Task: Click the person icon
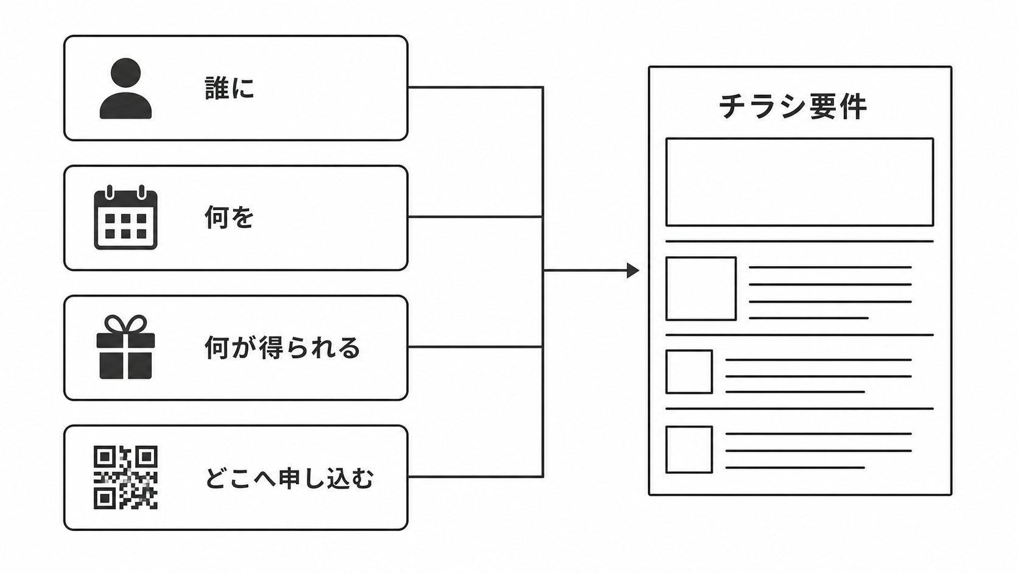click(x=125, y=88)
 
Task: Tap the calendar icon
click(x=125, y=217)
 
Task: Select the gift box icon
click(x=125, y=347)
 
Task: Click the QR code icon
click(x=125, y=477)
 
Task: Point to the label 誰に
click(x=230, y=88)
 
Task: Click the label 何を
click(x=229, y=217)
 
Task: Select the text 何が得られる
click(x=283, y=348)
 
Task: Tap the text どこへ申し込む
click(x=289, y=478)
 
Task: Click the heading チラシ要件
click(x=793, y=107)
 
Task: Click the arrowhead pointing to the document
click(x=633, y=270)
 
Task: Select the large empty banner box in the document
click(x=800, y=181)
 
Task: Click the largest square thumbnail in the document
click(x=701, y=289)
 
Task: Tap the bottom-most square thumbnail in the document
click(x=689, y=449)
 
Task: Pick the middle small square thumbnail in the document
click(x=689, y=371)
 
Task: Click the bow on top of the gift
click(x=126, y=325)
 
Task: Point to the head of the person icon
click(x=125, y=73)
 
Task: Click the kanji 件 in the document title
click(x=853, y=107)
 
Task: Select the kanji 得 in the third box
click(x=271, y=348)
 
